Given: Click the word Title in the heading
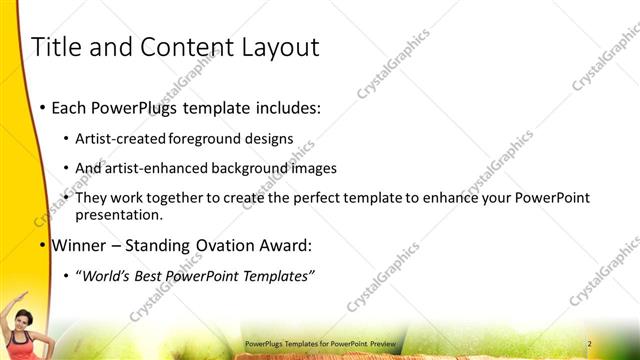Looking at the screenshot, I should (x=58, y=47).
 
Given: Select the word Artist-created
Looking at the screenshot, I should (x=122, y=138).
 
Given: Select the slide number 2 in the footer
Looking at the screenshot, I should (x=589, y=344).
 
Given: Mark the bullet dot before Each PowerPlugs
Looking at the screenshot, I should (x=41, y=107).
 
